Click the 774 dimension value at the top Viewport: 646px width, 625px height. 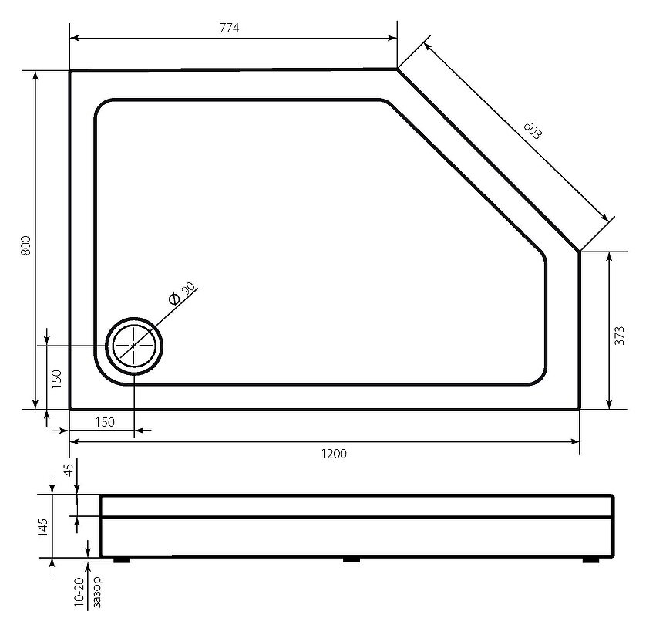[x=229, y=28]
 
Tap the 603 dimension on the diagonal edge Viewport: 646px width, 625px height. [x=533, y=130]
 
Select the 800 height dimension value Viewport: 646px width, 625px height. [x=25, y=245]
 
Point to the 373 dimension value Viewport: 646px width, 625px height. [x=619, y=335]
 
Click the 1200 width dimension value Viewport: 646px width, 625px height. [x=334, y=454]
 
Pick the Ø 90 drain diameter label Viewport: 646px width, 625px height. [x=182, y=293]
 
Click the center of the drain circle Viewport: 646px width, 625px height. [x=134, y=346]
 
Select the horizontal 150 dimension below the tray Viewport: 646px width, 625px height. [x=105, y=422]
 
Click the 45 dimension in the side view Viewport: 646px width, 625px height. [x=69, y=470]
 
